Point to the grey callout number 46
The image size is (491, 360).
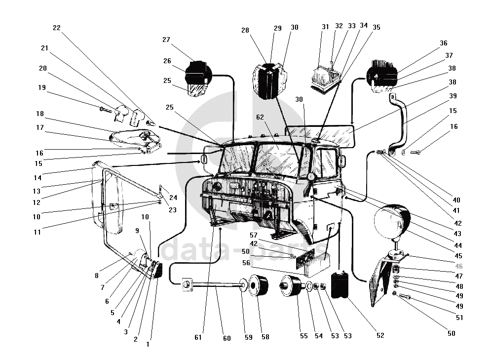tap(459, 266)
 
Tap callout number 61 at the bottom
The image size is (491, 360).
tap(198, 338)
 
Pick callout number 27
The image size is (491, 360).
tap(166, 40)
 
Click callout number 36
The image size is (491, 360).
tap(443, 43)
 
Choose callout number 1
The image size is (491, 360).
tap(147, 344)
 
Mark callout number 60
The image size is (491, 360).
tap(227, 338)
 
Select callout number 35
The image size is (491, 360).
tap(377, 28)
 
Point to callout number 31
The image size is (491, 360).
tap(325, 27)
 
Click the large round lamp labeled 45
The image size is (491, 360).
tap(393, 220)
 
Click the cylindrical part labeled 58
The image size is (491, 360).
tap(260, 286)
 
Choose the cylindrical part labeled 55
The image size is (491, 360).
tap(291, 289)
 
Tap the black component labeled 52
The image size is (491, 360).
tap(340, 284)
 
